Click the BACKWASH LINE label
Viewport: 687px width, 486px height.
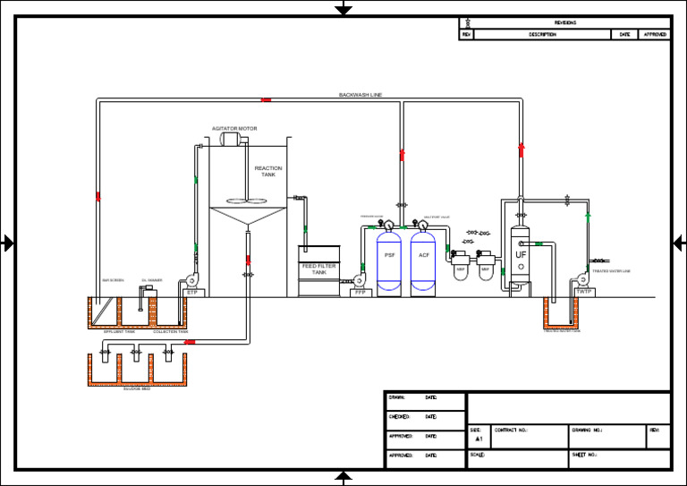[360, 94]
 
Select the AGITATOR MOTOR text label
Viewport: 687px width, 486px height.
[234, 128]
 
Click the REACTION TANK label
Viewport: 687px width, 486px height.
[268, 171]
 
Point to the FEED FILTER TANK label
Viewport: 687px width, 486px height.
[318, 269]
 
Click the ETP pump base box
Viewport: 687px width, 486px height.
[191, 292]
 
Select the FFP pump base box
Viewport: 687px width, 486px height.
[360, 292]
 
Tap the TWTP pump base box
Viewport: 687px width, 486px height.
[584, 292]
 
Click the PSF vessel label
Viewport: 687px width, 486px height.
[389, 255]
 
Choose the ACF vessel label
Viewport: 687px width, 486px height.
[424, 255]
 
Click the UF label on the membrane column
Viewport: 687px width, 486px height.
[521, 255]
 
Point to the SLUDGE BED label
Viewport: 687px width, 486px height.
[137, 390]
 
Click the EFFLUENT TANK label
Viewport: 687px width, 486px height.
[119, 331]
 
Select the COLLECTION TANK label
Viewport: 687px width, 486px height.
[170, 331]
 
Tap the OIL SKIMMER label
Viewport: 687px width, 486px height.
[151, 279]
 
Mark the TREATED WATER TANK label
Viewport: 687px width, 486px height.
[562, 330]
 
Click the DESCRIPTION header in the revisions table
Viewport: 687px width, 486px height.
[542, 35]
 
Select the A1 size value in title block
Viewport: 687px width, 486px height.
[479, 440]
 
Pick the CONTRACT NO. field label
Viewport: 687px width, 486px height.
[511, 430]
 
